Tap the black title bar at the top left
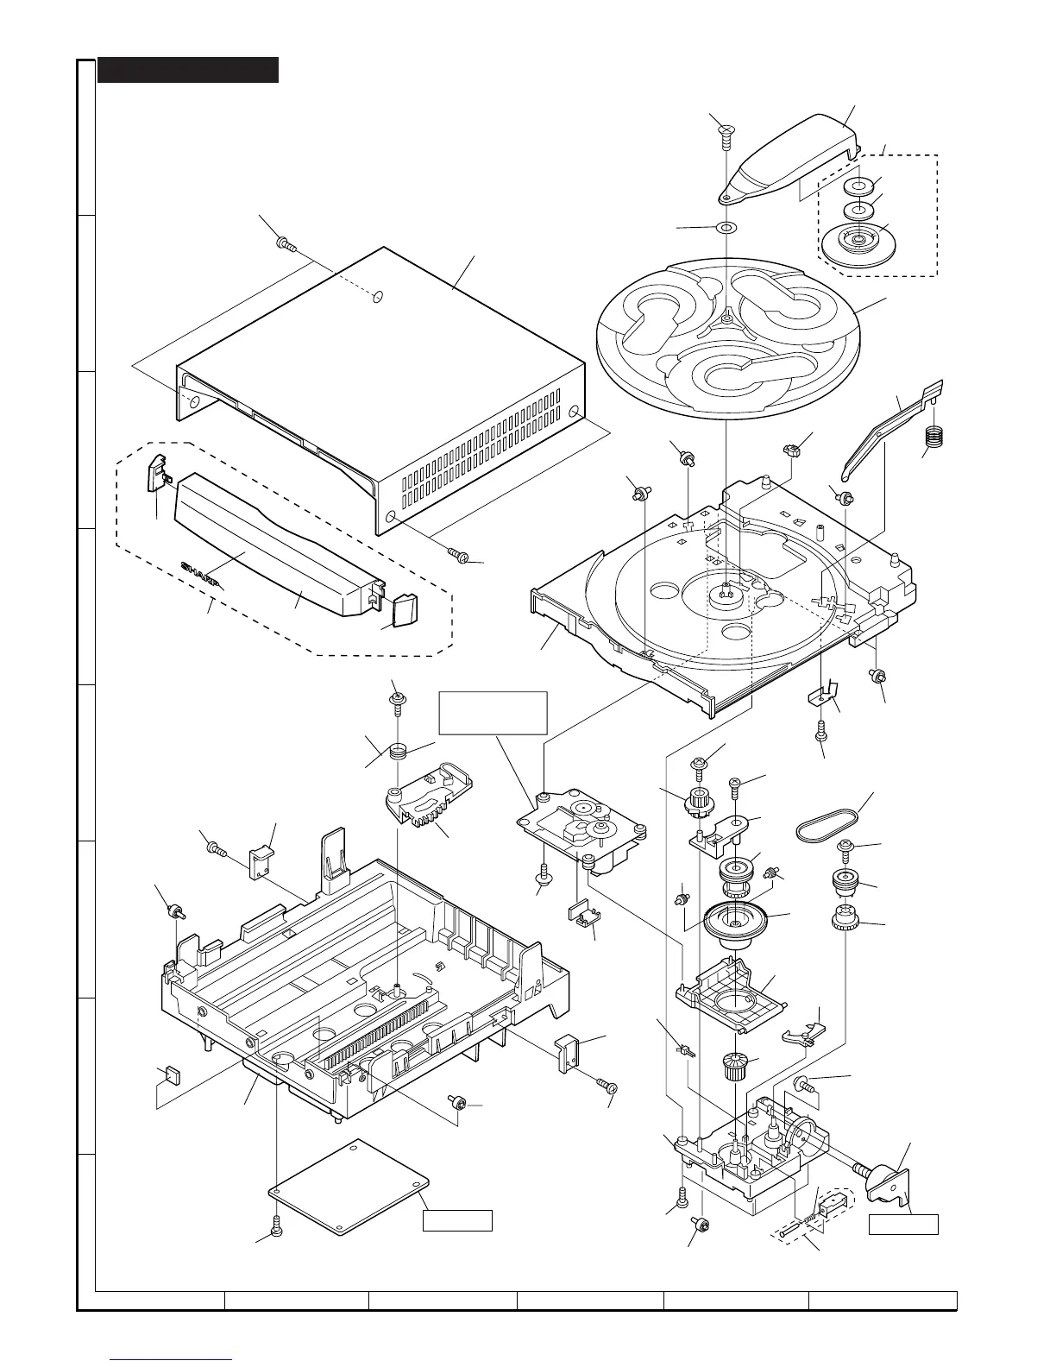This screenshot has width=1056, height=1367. (x=188, y=70)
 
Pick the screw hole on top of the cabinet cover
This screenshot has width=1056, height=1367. (x=377, y=298)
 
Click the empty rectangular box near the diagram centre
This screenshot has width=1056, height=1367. (x=493, y=712)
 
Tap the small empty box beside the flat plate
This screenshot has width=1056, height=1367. (x=457, y=1220)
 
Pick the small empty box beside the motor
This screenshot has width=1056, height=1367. (x=902, y=1224)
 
